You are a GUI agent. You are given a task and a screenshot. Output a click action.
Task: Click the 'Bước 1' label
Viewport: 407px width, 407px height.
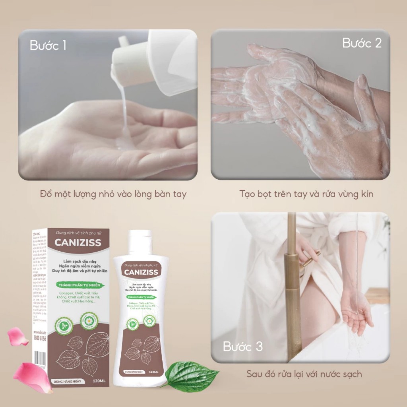tap(48, 45)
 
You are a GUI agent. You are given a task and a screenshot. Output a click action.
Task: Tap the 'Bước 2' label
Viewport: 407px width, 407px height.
tap(362, 43)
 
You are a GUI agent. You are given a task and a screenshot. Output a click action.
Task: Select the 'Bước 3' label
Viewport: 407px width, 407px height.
tap(243, 347)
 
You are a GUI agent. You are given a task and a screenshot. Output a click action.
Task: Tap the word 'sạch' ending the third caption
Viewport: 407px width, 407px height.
tap(350, 374)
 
